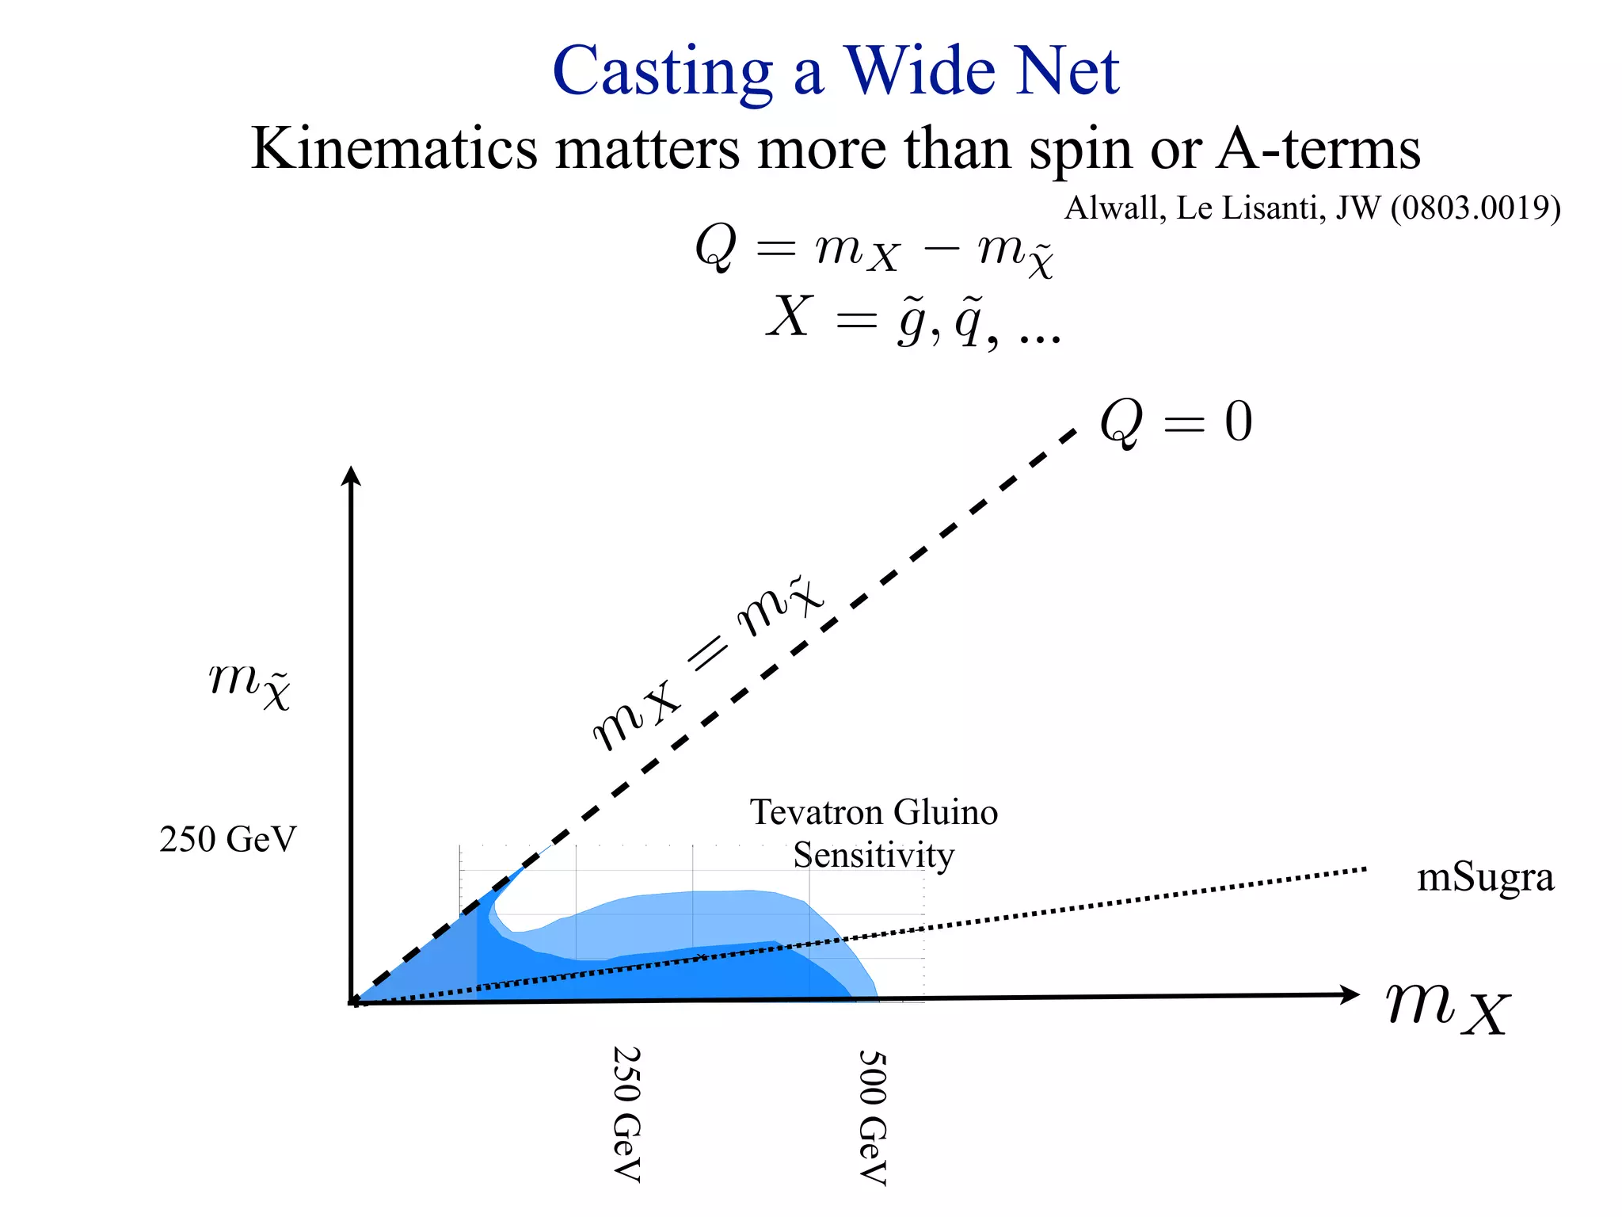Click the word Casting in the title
[662, 72]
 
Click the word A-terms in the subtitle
[1319, 148]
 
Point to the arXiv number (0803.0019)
[1475, 208]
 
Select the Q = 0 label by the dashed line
[1176, 422]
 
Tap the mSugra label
[1485, 878]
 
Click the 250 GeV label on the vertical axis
[228, 839]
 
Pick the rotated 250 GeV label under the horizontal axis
[626, 1114]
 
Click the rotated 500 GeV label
[872, 1116]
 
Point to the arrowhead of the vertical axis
[351, 475]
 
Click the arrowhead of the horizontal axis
[1350, 995]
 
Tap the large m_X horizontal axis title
[1448, 1008]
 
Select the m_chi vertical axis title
[250, 683]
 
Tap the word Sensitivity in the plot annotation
[874, 856]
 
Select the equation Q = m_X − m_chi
[874, 249]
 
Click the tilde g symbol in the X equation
[912, 319]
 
